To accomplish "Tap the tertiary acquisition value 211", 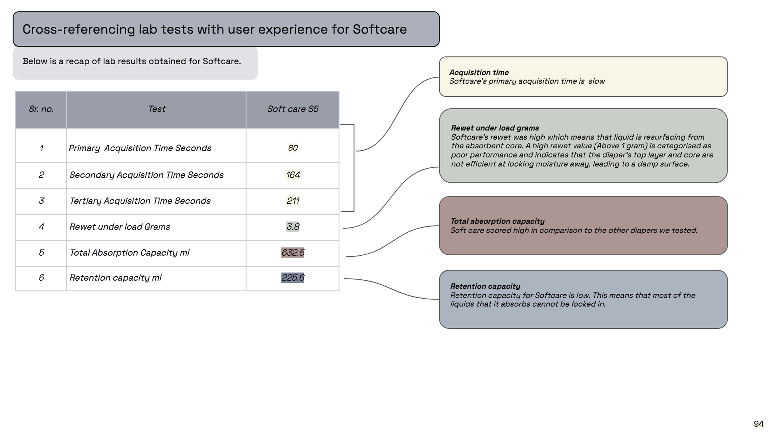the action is [x=293, y=201].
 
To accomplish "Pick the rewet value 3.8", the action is [x=293, y=227].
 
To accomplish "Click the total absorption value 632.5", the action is [x=293, y=253].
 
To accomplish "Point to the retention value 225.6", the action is [x=293, y=278].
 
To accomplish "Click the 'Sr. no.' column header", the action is [x=41, y=109].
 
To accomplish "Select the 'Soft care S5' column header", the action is [x=293, y=109].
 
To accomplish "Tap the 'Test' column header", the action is [x=157, y=109].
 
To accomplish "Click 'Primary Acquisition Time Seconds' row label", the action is [x=140, y=148].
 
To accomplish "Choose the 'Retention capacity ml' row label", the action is [x=115, y=278].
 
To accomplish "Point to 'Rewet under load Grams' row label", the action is [x=119, y=227].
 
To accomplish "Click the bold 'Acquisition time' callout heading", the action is [x=479, y=72].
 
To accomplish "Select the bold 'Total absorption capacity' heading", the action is [x=497, y=221].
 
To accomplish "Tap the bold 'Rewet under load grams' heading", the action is [x=495, y=128].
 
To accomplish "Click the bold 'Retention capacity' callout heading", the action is [x=485, y=286].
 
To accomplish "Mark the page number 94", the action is [x=759, y=424].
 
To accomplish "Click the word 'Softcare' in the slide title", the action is [x=379, y=29].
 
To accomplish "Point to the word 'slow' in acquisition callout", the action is [x=596, y=81].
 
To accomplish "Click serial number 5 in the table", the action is [x=42, y=253].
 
